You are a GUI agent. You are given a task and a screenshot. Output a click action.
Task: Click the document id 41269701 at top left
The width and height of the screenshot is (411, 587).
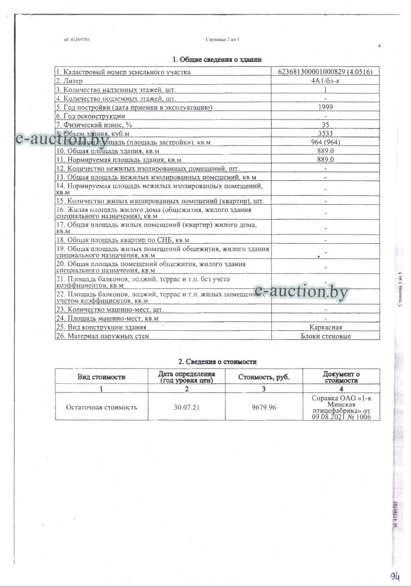76,39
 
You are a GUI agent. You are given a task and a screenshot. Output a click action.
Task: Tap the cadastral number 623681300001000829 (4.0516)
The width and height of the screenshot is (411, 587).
325,72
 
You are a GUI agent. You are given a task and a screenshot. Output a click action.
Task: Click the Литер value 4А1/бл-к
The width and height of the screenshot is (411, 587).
325,81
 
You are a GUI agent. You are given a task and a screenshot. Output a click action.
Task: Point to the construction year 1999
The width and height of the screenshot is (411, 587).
325,107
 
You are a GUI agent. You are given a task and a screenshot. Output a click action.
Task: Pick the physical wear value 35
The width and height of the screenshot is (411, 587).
325,125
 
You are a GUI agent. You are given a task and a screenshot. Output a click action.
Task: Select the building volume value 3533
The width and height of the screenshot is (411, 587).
325,134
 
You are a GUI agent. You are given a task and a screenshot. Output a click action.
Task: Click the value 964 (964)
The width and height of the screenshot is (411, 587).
325,142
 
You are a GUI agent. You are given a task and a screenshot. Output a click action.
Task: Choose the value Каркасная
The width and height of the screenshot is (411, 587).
325,328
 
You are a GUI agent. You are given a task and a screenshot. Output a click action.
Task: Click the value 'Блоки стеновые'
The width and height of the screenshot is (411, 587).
325,336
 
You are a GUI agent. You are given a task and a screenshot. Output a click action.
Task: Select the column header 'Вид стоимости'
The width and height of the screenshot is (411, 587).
102,377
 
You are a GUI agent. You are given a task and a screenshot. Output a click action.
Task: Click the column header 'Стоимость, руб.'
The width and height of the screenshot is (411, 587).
263,377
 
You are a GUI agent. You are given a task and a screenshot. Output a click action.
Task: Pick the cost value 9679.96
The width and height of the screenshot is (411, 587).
263,407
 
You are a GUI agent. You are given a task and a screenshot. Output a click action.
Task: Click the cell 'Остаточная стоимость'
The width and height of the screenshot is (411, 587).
102,407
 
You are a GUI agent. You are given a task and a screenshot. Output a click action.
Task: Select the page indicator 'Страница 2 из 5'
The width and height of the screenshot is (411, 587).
223,39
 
